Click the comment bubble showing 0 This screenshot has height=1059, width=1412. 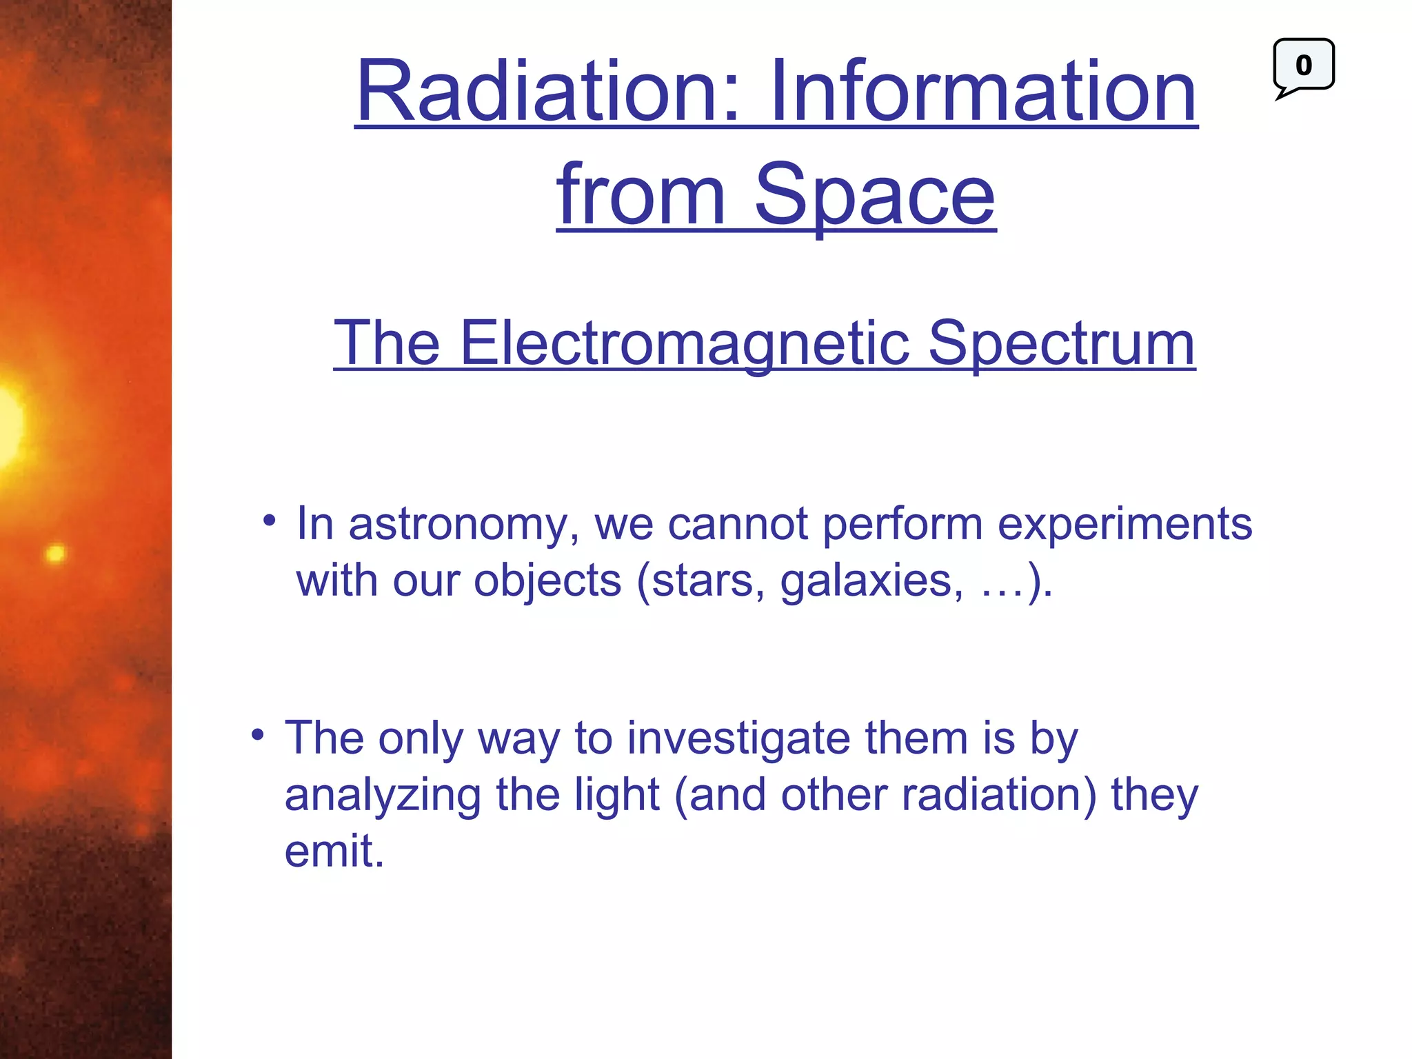(1303, 66)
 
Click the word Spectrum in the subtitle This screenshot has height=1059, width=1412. (1061, 343)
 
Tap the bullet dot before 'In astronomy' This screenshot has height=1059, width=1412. (270, 521)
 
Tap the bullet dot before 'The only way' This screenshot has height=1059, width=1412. (258, 735)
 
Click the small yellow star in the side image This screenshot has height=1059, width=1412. (55, 553)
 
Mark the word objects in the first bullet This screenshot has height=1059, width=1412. (547, 581)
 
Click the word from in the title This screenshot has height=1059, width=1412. (641, 196)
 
